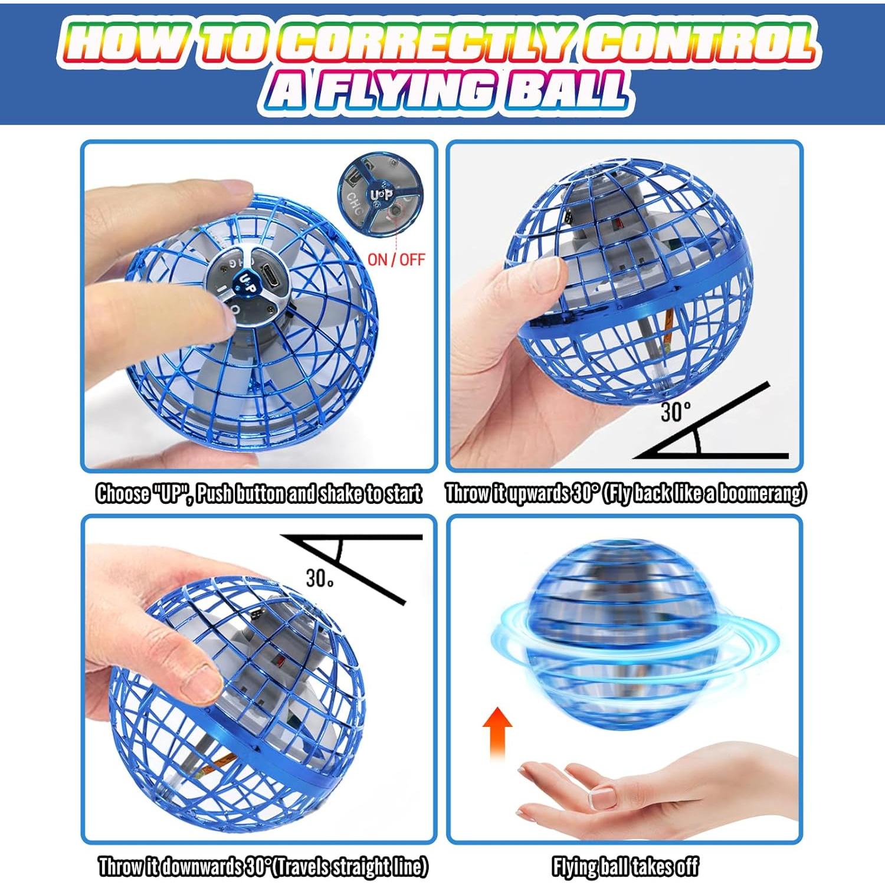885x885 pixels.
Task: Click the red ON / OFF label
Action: (396, 260)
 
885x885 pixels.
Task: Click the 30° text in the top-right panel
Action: (675, 411)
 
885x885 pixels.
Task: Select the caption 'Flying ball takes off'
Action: (625, 867)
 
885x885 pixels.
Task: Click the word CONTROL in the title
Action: (699, 44)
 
